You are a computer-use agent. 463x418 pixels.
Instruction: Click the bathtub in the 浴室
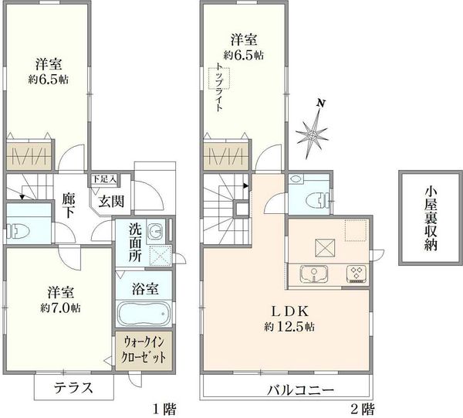[144, 314]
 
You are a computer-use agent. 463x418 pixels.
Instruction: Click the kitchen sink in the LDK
[314, 274]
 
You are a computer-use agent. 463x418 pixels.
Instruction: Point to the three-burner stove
[357, 274]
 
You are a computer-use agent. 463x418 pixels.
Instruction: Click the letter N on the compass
[321, 104]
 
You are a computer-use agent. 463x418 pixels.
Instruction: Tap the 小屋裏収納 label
[431, 218]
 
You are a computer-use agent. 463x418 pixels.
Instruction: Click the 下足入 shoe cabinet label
[104, 178]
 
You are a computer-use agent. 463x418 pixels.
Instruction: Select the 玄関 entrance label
[111, 202]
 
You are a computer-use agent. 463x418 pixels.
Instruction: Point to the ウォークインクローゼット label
[144, 349]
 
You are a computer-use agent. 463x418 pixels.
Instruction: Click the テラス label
[73, 388]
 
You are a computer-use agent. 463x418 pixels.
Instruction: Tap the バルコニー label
[300, 390]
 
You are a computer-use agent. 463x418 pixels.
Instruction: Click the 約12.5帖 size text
[289, 326]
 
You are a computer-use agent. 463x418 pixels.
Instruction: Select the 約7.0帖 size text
[60, 308]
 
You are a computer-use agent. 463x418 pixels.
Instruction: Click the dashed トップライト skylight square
[219, 78]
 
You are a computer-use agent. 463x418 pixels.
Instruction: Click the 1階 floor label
[164, 410]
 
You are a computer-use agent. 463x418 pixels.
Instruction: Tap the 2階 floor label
[363, 410]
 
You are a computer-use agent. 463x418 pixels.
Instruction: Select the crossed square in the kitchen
[325, 248]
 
